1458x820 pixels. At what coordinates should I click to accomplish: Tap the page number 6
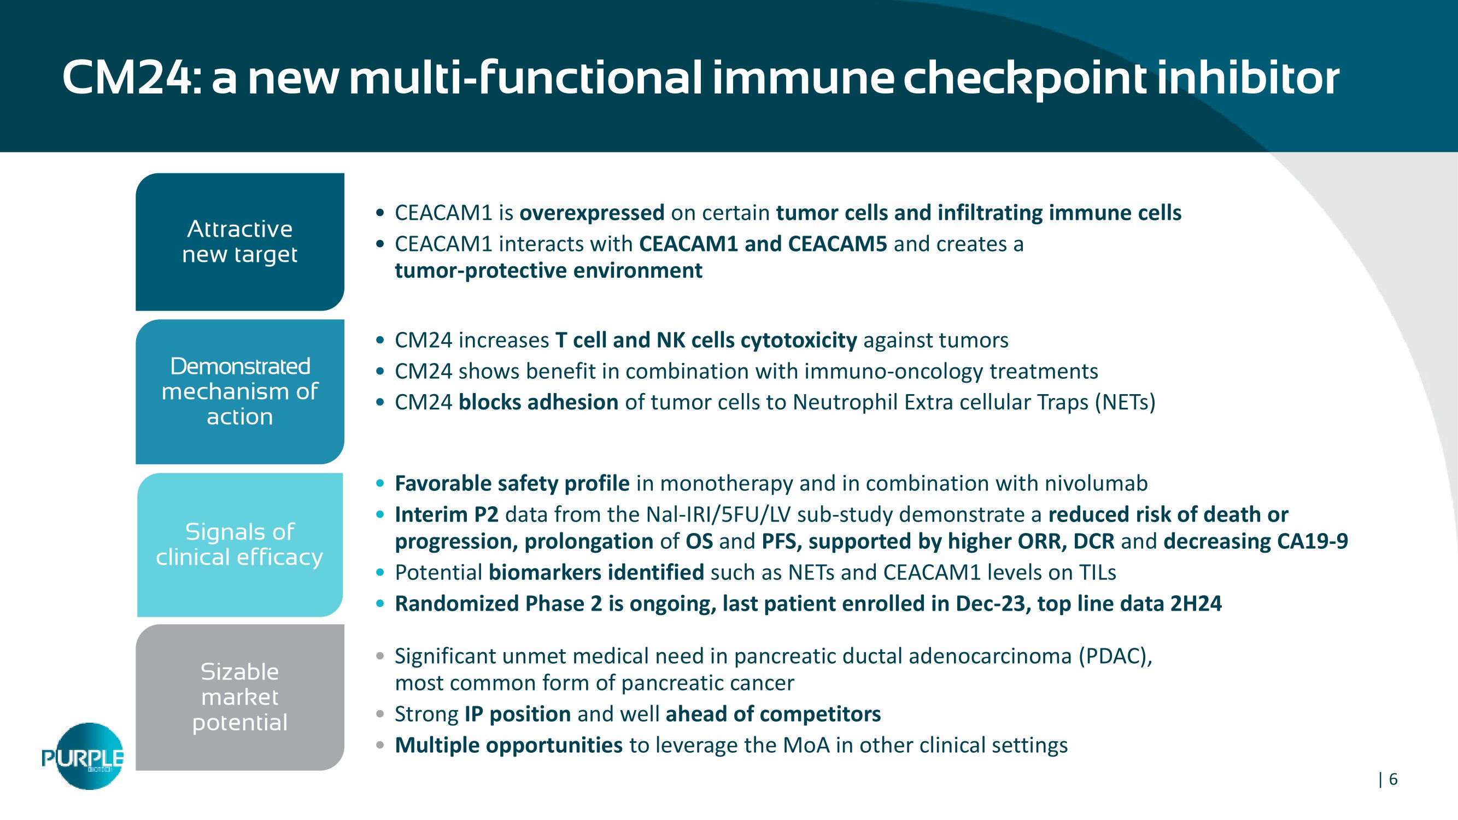[x=1393, y=779]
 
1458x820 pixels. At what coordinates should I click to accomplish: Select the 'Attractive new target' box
[x=240, y=242]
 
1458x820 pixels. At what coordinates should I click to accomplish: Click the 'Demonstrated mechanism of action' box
[x=240, y=391]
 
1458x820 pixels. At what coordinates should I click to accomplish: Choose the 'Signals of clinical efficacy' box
[x=240, y=544]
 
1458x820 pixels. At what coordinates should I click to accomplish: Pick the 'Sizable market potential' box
[x=240, y=697]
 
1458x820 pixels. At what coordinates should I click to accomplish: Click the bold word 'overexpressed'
[x=592, y=213]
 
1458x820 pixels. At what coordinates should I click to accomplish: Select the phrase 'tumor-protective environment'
[x=548, y=271]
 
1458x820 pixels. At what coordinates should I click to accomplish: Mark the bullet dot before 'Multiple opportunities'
[x=380, y=745]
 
